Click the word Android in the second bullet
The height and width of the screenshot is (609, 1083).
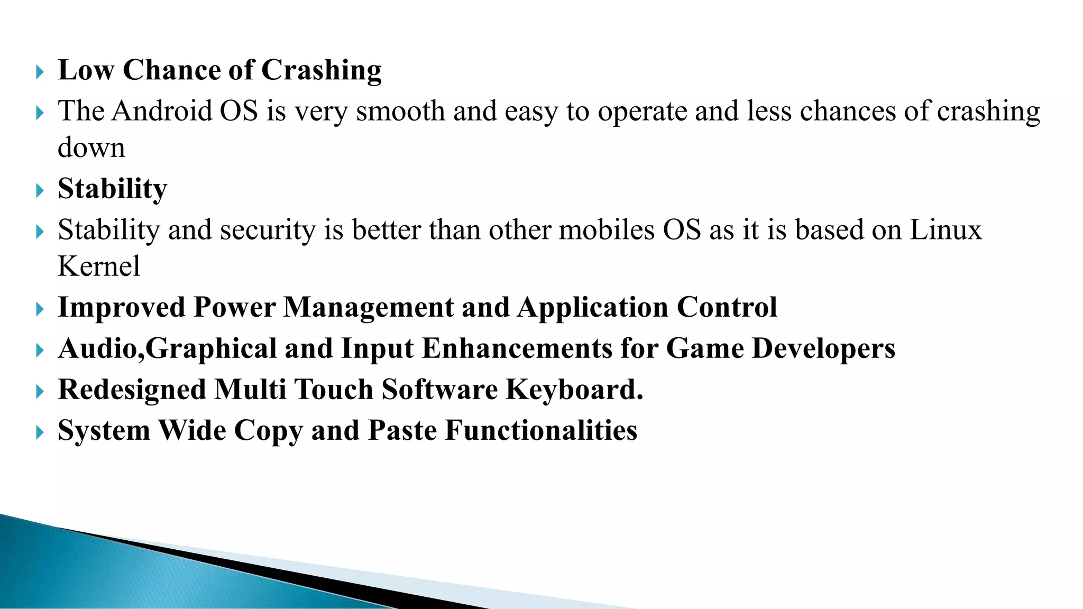tap(161, 112)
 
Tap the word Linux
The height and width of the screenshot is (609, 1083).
tap(945, 230)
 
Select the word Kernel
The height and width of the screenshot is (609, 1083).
tap(99, 266)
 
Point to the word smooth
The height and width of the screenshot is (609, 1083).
tap(400, 112)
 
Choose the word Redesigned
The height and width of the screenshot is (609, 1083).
tap(132, 390)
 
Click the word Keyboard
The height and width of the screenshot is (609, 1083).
tap(574, 390)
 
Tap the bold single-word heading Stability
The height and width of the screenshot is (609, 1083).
tap(112, 189)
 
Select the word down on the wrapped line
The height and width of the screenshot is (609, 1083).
tap(91, 147)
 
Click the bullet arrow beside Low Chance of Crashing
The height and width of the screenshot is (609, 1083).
tap(40, 72)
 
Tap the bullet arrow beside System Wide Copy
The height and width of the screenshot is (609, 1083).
tap(40, 432)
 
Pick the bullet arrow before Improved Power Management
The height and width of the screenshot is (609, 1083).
tap(40, 309)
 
